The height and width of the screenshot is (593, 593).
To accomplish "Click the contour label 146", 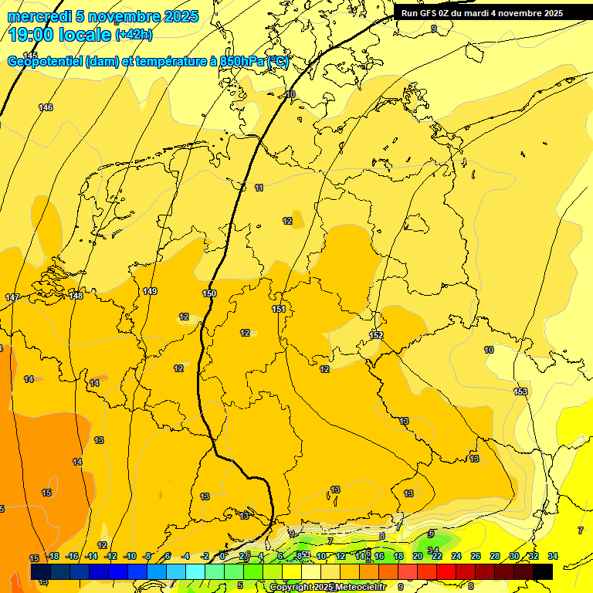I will point(46,107).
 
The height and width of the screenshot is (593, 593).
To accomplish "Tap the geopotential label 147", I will point(12,297).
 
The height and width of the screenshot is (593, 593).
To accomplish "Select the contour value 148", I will point(76,296).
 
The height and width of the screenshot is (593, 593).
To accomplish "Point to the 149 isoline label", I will point(150,291).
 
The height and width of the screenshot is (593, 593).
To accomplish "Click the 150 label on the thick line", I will point(209,293).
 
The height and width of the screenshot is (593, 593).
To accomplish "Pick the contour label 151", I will point(279,309).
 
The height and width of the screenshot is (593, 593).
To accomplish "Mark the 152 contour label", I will point(376,335).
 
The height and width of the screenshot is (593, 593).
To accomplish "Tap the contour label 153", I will point(520,391).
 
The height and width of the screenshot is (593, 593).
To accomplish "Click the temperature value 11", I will point(259,188).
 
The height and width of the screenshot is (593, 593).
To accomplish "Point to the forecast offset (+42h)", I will point(134,35).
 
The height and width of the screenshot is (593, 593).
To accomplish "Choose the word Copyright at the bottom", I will point(291,588).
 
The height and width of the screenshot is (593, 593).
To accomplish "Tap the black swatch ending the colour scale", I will point(542,571).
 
